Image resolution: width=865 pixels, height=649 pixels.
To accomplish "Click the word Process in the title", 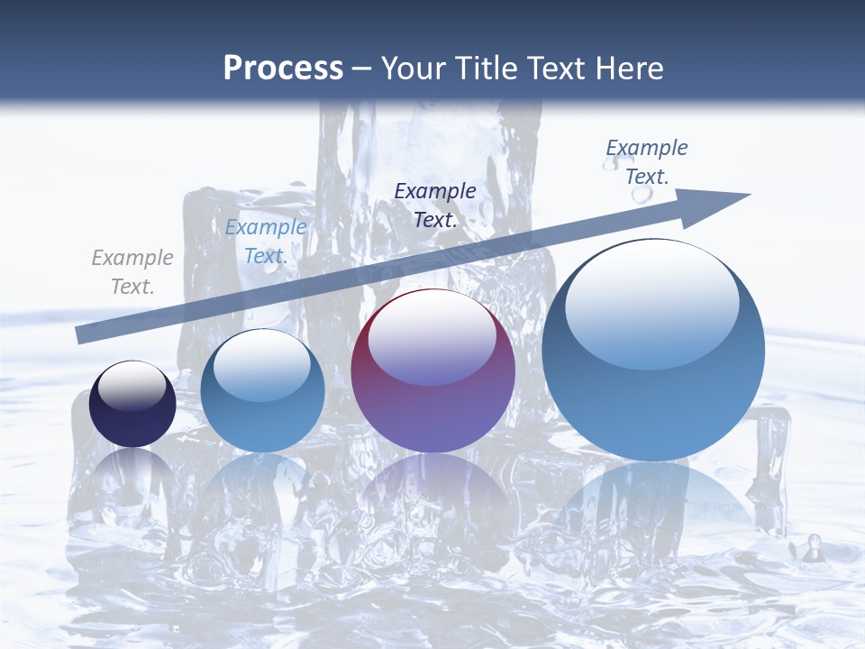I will coord(283,68).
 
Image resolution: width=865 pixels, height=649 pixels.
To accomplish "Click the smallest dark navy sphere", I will coord(132,404).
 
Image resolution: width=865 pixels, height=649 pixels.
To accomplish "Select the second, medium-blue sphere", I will coord(262,390).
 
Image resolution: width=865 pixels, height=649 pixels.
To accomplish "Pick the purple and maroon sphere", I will coord(432,371).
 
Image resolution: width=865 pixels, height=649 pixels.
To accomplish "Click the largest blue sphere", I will coord(653,350).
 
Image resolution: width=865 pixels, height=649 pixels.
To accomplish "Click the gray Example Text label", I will coord(132,272).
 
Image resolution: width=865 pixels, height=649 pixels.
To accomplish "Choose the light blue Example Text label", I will coord(266,242).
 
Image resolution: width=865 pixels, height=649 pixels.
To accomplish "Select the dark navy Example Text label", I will coord(435,205).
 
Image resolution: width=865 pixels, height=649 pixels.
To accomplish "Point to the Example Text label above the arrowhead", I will coord(646,161).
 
